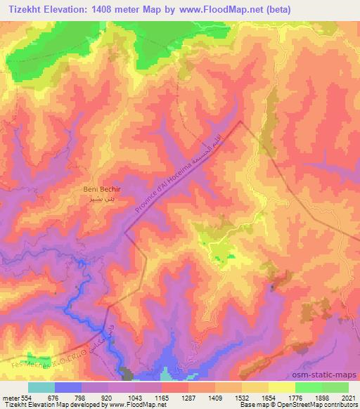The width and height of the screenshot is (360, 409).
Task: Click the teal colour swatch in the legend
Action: (x=41, y=387)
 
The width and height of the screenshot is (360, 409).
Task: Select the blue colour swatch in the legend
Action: (x=67, y=387)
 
